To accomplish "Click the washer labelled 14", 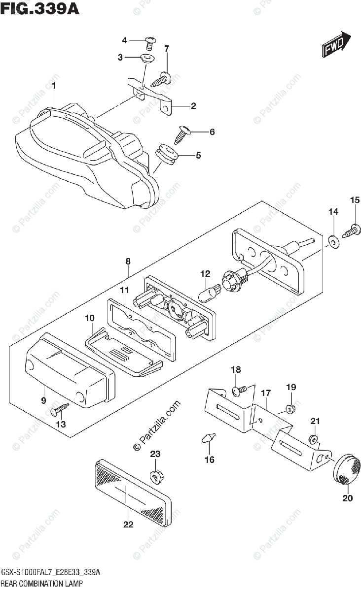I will (x=333, y=241).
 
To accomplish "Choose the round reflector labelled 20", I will (x=348, y=468).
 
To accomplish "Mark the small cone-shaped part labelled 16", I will (x=209, y=437).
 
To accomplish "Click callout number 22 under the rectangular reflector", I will (x=128, y=525).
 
